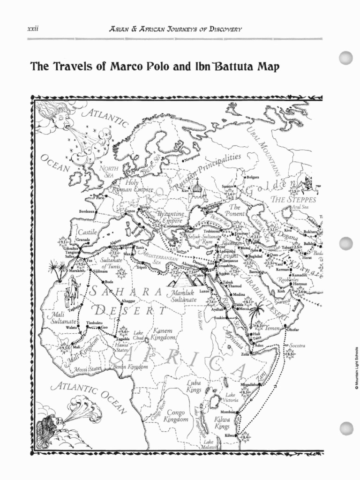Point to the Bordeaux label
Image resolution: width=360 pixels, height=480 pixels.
(x=88, y=211)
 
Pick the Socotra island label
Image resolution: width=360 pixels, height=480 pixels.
(x=297, y=345)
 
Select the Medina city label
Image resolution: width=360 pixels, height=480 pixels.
(x=239, y=295)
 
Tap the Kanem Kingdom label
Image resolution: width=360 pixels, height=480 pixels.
(x=163, y=334)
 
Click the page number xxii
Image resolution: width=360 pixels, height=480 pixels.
(x=33, y=29)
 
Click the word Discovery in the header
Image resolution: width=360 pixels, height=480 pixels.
(x=222, y=29)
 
